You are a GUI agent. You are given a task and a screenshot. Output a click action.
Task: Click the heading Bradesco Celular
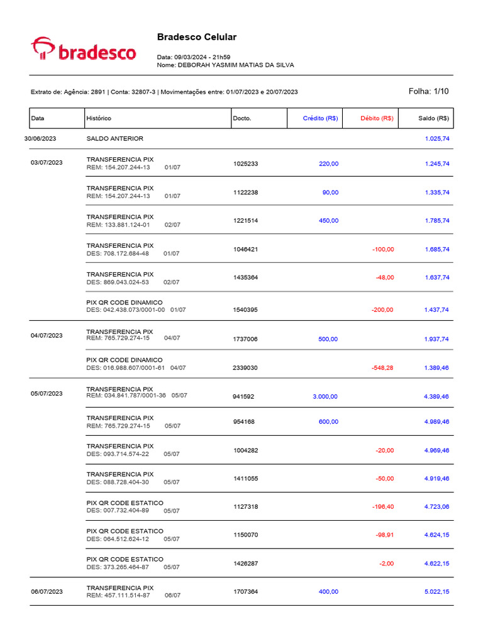point(196,37)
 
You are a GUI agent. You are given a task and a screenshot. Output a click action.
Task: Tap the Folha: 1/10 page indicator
point(428,91)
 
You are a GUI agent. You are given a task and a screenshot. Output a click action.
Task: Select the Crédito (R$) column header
point(320,118)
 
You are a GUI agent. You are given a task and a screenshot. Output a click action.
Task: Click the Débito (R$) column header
point(377,118)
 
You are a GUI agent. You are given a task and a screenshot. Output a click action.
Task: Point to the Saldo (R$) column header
point(433,118)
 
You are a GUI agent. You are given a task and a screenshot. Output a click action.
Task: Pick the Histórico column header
point(99,118)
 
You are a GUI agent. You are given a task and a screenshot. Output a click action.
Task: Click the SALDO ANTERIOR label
point(114,138)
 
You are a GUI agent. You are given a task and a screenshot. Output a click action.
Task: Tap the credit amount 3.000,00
point(325,397)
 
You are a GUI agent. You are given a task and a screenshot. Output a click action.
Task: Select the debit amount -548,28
point(382,368)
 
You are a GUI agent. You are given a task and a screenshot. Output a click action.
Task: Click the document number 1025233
point(245,164)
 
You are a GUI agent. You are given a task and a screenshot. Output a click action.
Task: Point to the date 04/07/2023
point(47,336)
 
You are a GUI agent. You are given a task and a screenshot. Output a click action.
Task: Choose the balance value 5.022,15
point(436,592)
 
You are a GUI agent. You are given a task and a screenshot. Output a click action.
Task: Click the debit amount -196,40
point(382,506)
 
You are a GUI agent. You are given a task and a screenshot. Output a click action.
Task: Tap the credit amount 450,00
point(328,221)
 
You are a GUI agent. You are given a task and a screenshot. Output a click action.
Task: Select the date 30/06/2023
point(40,138)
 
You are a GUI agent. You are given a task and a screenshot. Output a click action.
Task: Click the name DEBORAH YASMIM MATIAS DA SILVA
point(236,65)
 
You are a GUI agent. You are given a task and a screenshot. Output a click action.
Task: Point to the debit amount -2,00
point(386,563)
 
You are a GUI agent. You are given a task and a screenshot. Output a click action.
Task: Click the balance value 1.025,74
point(436,138)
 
